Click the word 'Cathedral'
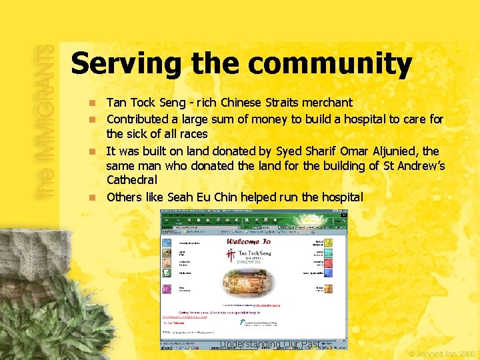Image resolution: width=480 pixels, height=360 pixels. (132, 181)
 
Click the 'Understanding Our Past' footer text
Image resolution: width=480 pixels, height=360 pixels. (270, 344)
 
